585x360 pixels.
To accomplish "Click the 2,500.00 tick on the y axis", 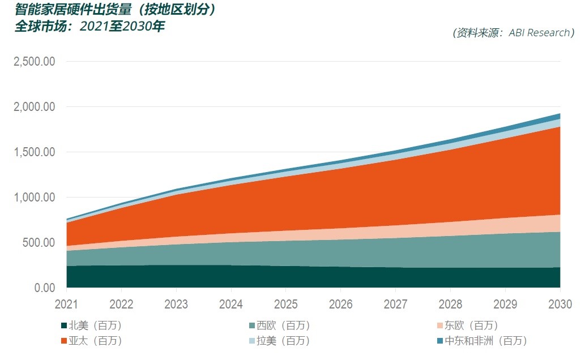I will click(x=33, y=62).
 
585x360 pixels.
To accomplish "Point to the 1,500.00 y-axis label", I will click(x=33, y=152).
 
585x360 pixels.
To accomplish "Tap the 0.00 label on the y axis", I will click(x=43, y=288).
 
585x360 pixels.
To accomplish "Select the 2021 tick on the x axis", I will click(x=67, y=305).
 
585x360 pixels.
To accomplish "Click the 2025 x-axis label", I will click(x=286, y=305).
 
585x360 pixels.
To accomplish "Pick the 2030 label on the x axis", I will click(x=560, y=305).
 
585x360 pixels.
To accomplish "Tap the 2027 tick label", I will click(x=395, y=305).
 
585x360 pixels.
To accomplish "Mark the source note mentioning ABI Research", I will click(x=514, y=33).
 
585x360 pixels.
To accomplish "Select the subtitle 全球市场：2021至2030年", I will click(x=89, y=26).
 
